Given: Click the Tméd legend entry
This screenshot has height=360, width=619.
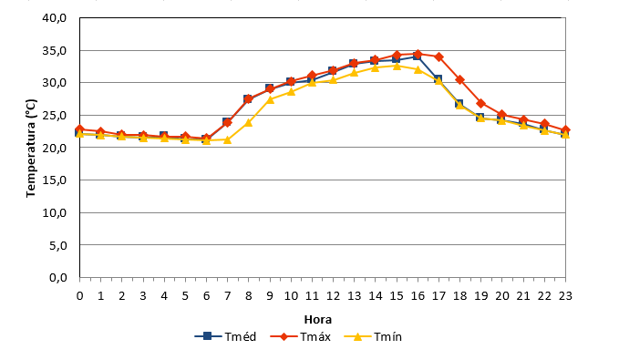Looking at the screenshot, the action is tap(225, 336).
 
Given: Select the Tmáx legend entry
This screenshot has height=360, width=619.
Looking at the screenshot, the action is tap(301, 336).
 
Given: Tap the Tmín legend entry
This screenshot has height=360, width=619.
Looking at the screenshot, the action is tap(373, 336).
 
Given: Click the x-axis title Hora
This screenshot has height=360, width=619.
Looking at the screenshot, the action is tap(318, 319).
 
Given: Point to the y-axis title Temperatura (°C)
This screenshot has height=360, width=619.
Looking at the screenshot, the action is tap(31, 148).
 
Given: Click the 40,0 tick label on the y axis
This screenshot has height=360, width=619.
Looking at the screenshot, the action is tap(55, 18).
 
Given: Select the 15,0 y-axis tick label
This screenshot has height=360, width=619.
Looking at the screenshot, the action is tap(55, 180).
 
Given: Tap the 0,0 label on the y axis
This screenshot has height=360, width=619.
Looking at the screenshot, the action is tap(58, 278).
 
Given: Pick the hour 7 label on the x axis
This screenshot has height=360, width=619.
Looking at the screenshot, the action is tap(227, 295).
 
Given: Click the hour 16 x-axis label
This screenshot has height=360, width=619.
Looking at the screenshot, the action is tap(418, 295).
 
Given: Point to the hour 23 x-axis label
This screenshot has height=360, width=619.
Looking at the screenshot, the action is tap(565, 295).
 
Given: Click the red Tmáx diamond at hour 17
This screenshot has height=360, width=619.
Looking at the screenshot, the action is tap(439, 57).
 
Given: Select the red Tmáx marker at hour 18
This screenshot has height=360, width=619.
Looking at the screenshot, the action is tap(459, 79).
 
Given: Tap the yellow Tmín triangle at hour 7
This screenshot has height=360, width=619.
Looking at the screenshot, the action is tap(227, 139).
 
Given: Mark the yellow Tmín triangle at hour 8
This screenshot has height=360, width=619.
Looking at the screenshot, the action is tap(248, 122).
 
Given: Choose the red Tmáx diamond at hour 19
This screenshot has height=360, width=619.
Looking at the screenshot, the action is tap(480, 103).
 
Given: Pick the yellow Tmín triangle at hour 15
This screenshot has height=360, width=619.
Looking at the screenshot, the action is tap(397, 66).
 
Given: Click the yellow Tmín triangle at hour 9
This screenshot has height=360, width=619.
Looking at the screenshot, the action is tap(270, 99).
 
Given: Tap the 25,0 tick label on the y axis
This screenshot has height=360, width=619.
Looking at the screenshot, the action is tap(55, 116).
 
